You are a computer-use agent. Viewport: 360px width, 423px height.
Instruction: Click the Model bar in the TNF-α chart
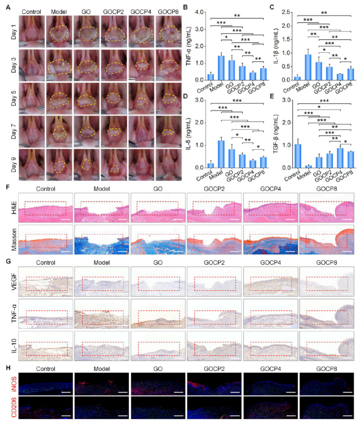click(x=221, y=68)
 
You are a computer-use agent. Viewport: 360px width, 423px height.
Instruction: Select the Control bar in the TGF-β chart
click(x=298, y=156)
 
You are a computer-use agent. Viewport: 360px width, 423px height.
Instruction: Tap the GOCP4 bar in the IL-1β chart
click(x=340, y=77)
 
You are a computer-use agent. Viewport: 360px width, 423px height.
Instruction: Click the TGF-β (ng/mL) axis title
click(x=276, y=134)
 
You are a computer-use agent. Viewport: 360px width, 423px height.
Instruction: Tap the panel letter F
click(x=8, y=187)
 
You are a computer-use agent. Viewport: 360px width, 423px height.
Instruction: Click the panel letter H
click(x=8, y=368)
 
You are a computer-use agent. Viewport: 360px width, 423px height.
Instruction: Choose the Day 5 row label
click(x=13, y=98)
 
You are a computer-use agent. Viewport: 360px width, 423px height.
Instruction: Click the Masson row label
click(x=14, y=240)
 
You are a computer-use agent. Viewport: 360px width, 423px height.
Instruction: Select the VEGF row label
click(x=14, y=281)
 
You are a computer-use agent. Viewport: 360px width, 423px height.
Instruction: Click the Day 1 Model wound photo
click(x=59, y=32)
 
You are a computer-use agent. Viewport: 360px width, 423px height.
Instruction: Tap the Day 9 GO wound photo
click(x=87, y=164)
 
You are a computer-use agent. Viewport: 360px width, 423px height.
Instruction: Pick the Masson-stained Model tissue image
click(x=102, y=240)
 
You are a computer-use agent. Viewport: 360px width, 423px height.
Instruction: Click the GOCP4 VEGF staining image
click(x=271, y=281)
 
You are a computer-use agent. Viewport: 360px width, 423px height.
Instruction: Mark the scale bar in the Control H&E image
click(x=66, y=220)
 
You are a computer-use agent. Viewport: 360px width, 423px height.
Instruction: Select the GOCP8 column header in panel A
click(x=168, y=12)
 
